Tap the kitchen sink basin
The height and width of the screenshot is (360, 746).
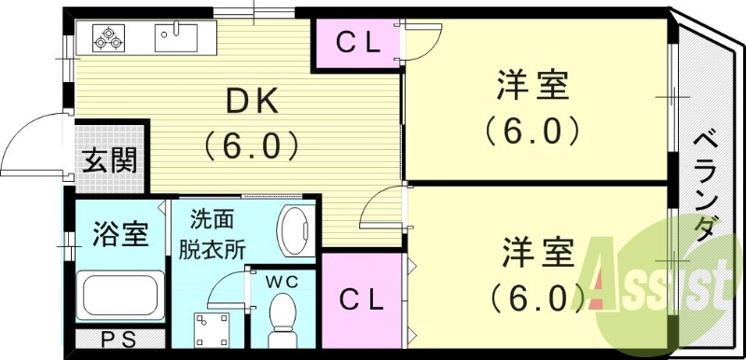click(x=177, y=38)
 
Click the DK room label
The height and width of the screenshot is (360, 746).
click(x=250, y=102)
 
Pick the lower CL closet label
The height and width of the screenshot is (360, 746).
click(x=361, y=299)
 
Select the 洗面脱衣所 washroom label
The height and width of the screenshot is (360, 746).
click(x=214, y=234)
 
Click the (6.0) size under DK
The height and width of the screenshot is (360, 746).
click(x=250, y=145)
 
